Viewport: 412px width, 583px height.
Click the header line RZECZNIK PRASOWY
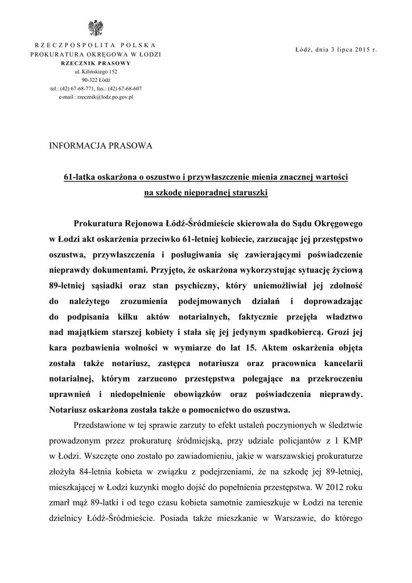(95, 63)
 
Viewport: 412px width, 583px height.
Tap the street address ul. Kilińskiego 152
(95, 72)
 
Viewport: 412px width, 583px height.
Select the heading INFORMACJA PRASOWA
(102, 146)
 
